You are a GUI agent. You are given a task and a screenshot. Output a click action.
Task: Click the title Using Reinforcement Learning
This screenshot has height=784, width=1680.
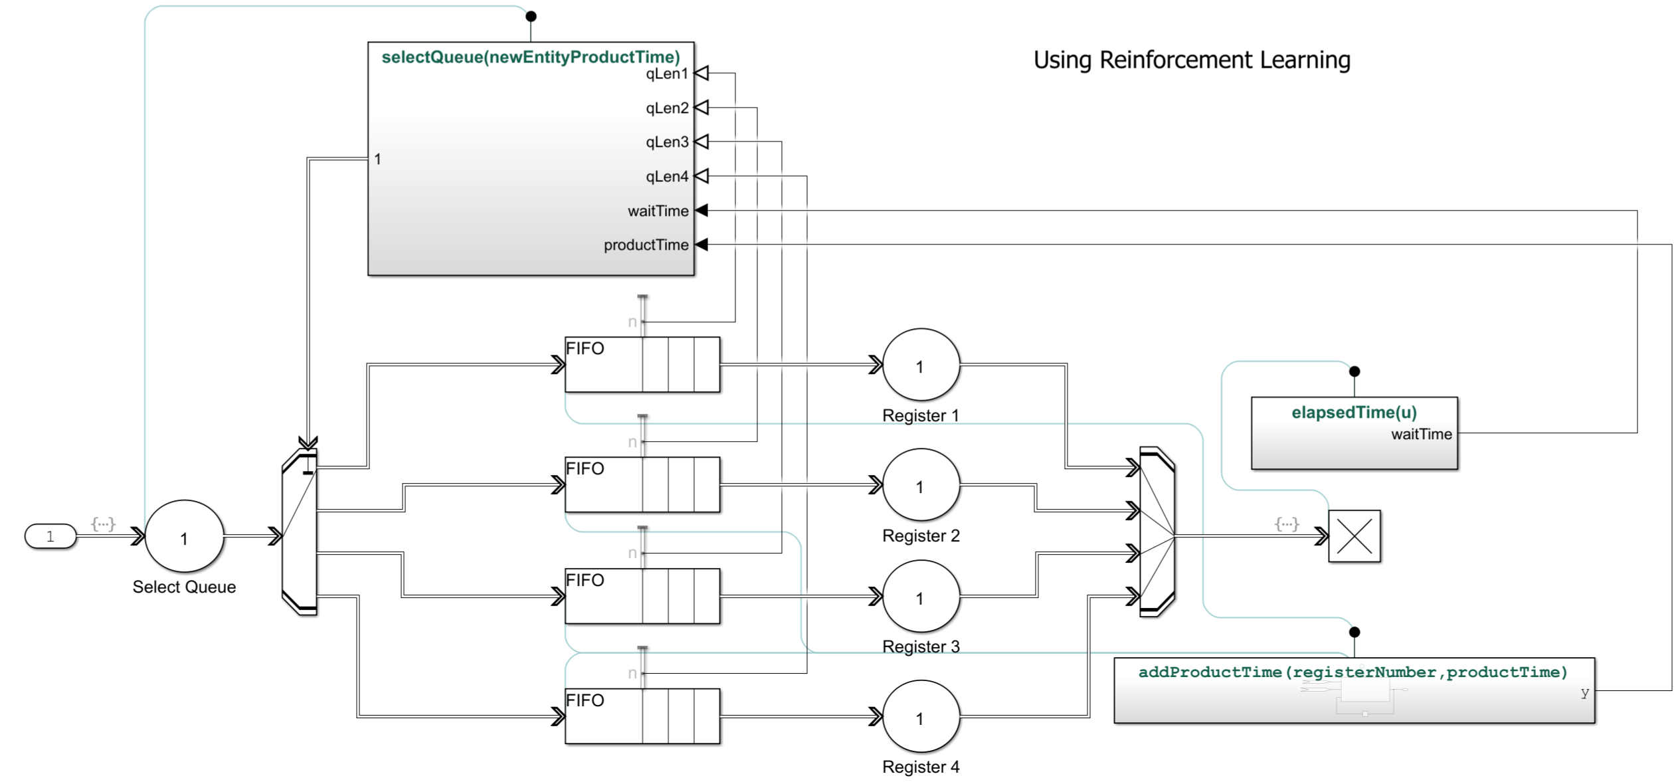click(x=1191, y=60)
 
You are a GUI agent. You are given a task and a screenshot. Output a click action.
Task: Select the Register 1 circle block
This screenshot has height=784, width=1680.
click(x=920, y=365)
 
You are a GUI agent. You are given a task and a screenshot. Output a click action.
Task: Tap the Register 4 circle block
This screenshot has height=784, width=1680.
click(x=920, y=718)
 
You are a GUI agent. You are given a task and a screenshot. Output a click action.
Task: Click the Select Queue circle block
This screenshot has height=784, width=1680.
click(x=184, y=536)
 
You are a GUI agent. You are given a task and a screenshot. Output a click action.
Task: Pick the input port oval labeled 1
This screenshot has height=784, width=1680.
click(x=50, y=536)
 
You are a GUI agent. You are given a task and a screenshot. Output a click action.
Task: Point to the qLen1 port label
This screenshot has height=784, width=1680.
click(x=666, y=74)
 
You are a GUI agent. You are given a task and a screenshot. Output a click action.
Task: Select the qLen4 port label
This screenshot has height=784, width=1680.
click(x=666, y=177)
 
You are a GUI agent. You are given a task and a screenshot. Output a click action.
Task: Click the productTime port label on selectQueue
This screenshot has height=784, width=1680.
click(x=646, y=245)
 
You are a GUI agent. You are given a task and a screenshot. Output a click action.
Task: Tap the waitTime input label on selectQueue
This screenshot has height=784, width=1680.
click(x=658, y=211)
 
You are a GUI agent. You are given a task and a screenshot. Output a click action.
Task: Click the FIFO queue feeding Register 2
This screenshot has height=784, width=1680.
click(x=642, y=484)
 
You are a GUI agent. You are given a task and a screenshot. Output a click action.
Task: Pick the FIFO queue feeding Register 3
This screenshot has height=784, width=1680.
click(x=642, y=596)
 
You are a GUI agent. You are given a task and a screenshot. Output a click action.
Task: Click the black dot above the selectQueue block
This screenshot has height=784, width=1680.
click(x=531, y=16)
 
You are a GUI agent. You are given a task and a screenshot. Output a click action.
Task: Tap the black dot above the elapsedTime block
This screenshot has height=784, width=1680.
click(x=1354, y=371)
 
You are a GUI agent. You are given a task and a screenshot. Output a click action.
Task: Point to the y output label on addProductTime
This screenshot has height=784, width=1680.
click(x=1584, y=692)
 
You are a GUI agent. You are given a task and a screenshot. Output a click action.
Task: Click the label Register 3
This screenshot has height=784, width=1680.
click(x=920, y=646)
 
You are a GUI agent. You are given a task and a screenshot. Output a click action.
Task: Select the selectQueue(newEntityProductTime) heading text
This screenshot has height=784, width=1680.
click(x=530, y=57)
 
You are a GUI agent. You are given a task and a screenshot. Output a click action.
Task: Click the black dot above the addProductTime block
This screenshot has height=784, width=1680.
click(x=1354, y=632)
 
